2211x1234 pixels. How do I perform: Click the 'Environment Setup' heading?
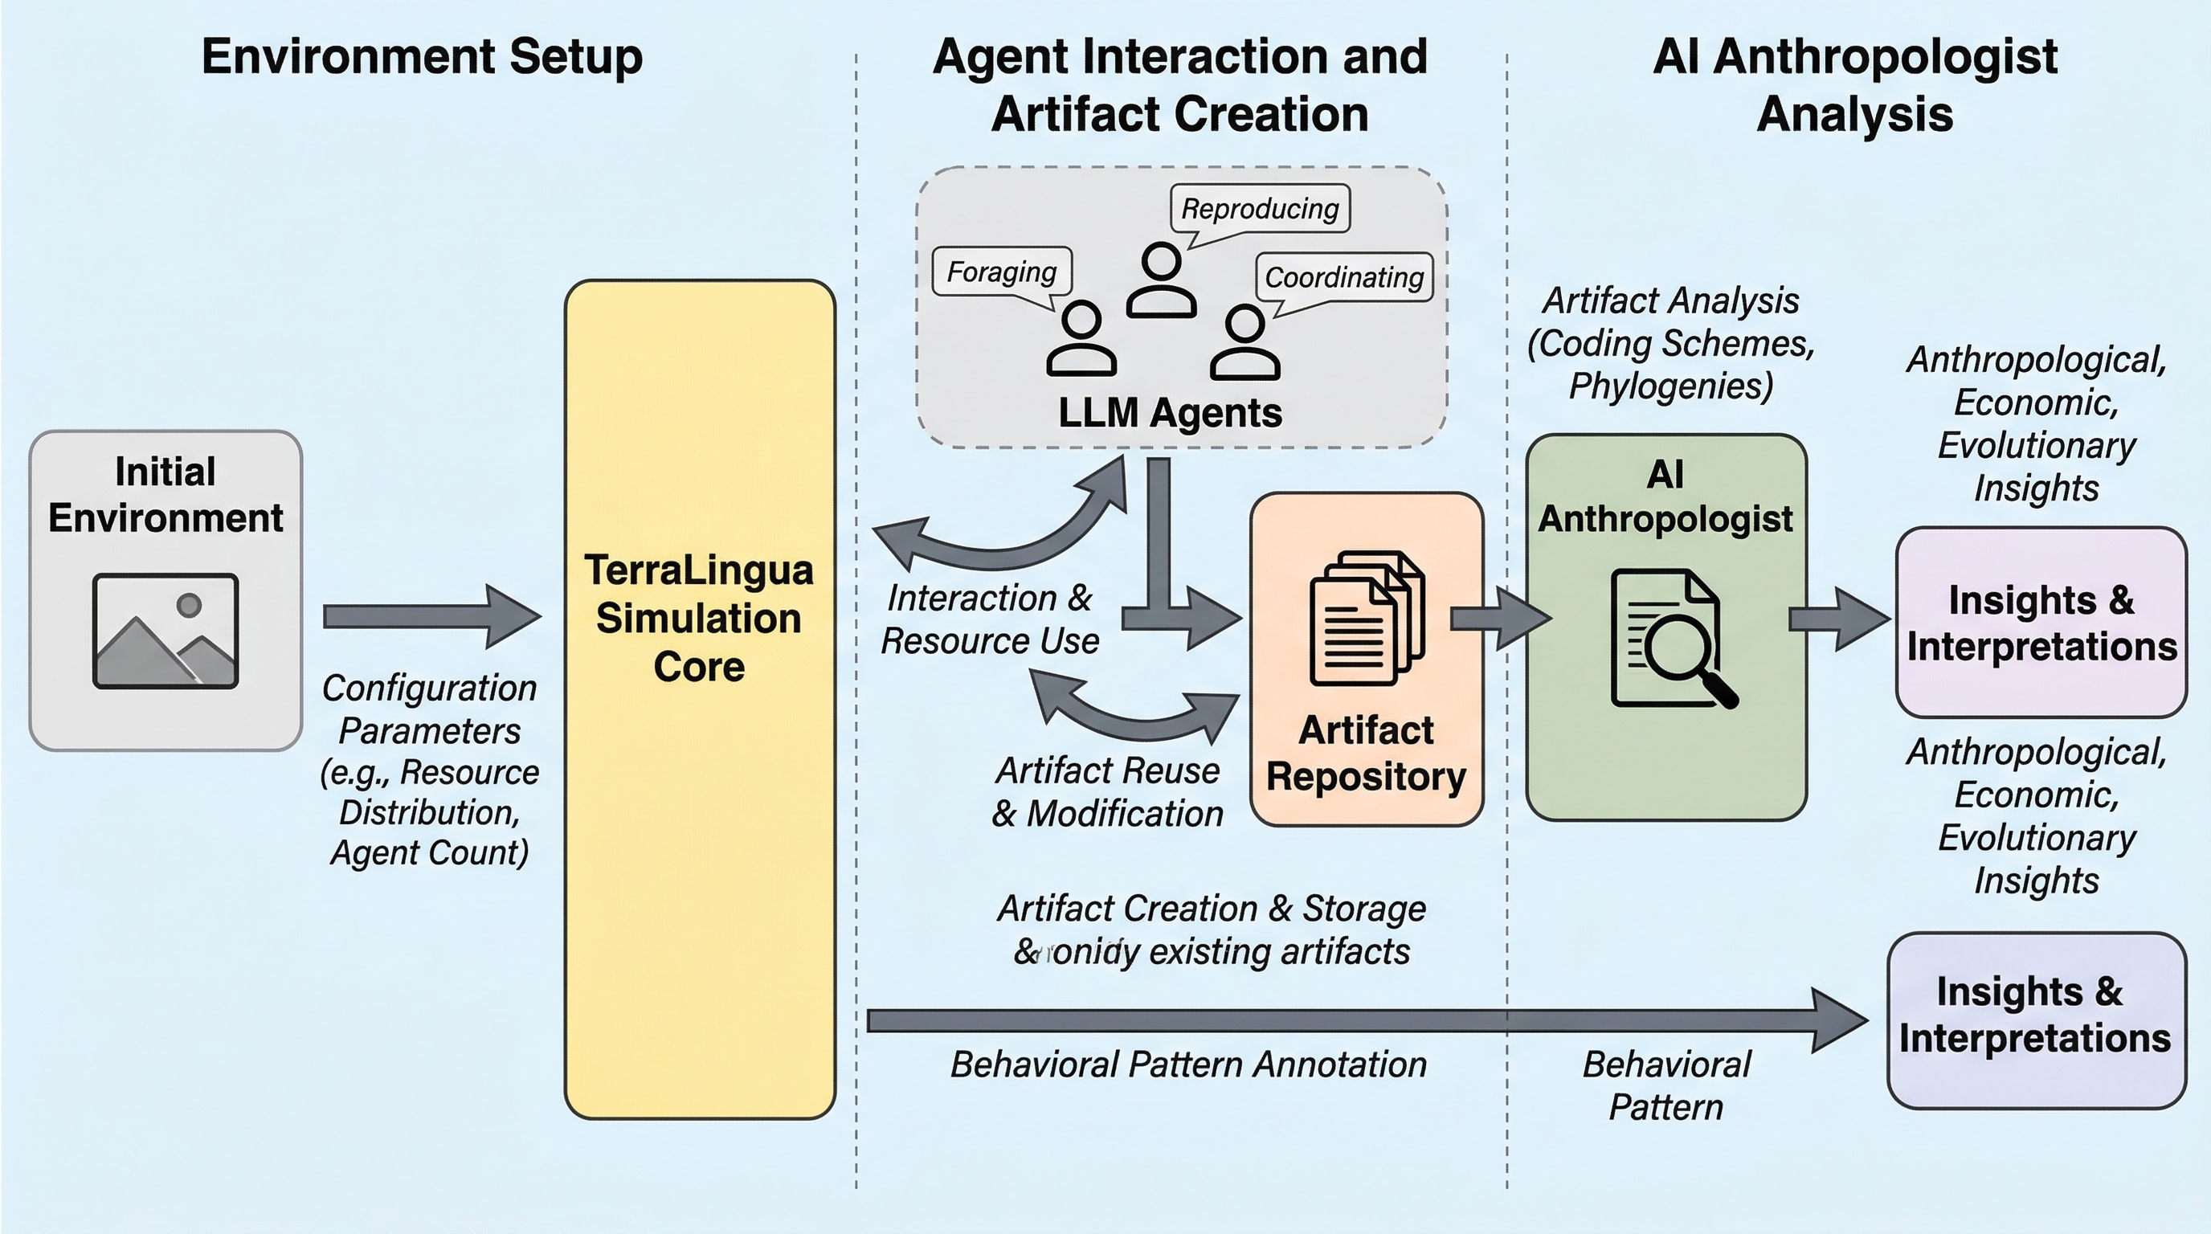point(422,56)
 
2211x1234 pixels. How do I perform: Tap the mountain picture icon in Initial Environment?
point(166,631)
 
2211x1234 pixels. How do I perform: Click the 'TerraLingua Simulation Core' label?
point(699,618)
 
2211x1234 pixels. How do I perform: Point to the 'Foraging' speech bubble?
point(1002,272)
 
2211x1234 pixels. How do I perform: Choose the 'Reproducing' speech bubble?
point(1260,209)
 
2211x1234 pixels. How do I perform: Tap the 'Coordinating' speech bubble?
point(1344,277)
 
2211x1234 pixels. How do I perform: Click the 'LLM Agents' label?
point(1170,413)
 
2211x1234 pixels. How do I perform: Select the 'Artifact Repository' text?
point(1367,754)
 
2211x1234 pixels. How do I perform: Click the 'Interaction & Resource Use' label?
point(990,619)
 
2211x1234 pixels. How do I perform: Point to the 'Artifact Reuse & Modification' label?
point(1107,792)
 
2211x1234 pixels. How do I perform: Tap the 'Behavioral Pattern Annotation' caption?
point(1188,1064)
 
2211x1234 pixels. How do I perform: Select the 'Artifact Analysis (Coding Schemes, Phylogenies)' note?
point(1670,343)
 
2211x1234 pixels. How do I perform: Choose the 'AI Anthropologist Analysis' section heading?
point(1855,85)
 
